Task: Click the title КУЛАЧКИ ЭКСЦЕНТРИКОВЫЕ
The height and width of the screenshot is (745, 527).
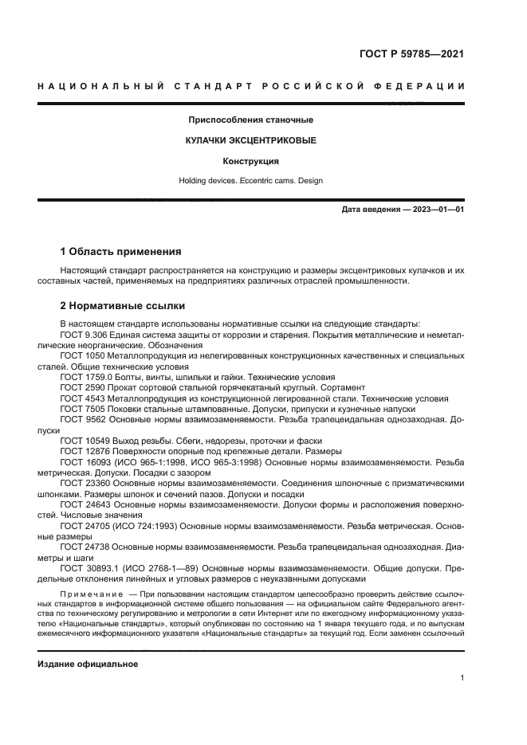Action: (250, 140)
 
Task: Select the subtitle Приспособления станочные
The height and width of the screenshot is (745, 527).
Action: (250, 120)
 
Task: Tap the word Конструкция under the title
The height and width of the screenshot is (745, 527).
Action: (250, 161)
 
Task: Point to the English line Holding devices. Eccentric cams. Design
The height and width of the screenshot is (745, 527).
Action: (250, 181)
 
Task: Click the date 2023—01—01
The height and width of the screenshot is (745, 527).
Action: (435, 210)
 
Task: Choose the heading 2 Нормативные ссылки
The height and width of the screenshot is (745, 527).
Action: (122, 305)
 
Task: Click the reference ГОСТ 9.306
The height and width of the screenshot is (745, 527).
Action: (82, 335)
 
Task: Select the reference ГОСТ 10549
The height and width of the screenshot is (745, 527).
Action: (82, 441)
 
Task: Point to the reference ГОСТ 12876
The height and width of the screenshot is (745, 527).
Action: (82, 451)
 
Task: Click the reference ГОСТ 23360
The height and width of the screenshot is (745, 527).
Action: (82, 483)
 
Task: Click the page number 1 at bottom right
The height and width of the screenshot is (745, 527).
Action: (462, 678)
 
